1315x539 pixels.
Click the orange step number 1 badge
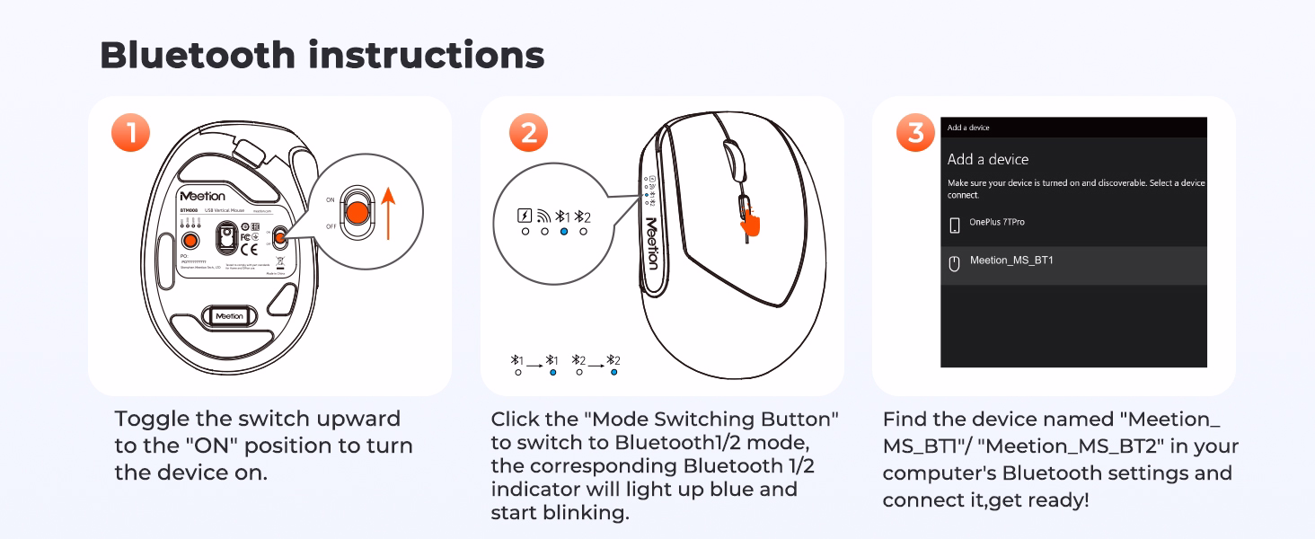click(x=130, y=134)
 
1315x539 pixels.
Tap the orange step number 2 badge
click(x=528, y=134)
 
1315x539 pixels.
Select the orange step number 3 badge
click(x=915, y=134)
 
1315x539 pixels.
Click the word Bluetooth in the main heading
click(x=198, y=56)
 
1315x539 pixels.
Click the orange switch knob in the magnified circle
click(x=357, y=213)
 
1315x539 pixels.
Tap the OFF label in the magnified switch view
click(x=330, y=226)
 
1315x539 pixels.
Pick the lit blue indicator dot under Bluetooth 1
click(x=563, y=232)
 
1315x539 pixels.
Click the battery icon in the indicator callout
click(x=525, y=216)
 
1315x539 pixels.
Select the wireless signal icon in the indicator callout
click(x=543, y=216)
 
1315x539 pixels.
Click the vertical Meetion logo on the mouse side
click(x=651, y=243)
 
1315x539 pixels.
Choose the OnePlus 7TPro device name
click(x=997, y=222)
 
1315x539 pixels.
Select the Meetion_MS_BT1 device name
click(x=1011, y=261)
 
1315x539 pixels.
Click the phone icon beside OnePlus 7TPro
click(x=954, y=225)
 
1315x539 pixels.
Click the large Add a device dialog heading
click(x=988, y=159)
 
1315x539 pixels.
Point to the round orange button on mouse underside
click(x=190, y=240)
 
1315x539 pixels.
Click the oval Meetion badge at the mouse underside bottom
click(x=228, y=316)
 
